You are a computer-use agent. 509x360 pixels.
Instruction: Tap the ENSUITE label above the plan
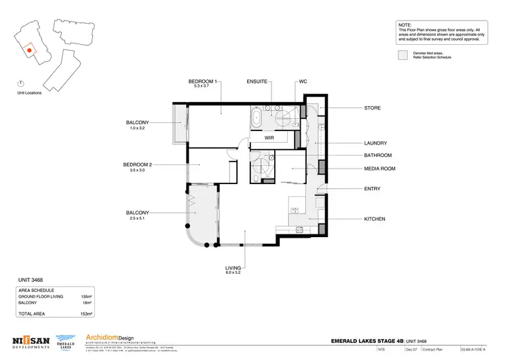(x=259, y=82)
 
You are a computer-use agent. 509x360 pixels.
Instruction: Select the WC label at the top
(x=303, y=82)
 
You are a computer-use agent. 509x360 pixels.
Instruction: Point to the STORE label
(x=372, y=108)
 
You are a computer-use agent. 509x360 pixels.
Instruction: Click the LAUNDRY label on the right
(x=375, y=143)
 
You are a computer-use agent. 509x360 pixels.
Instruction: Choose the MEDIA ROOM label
(x=379, y=168)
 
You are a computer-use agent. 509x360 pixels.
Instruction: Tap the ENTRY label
(x=373, y=189)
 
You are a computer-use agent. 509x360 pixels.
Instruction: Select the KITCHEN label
(x=375, y=219)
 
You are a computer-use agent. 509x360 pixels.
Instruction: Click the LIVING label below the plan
(x=233, y=268)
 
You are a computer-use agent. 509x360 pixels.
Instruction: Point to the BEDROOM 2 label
(x=141, y=164)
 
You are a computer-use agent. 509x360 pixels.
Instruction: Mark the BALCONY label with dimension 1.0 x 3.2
(x=136, y=122)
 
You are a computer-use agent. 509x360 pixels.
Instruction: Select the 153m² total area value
(x=86, y=314)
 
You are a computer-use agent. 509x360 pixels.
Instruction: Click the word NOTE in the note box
(x=406, y=24)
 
